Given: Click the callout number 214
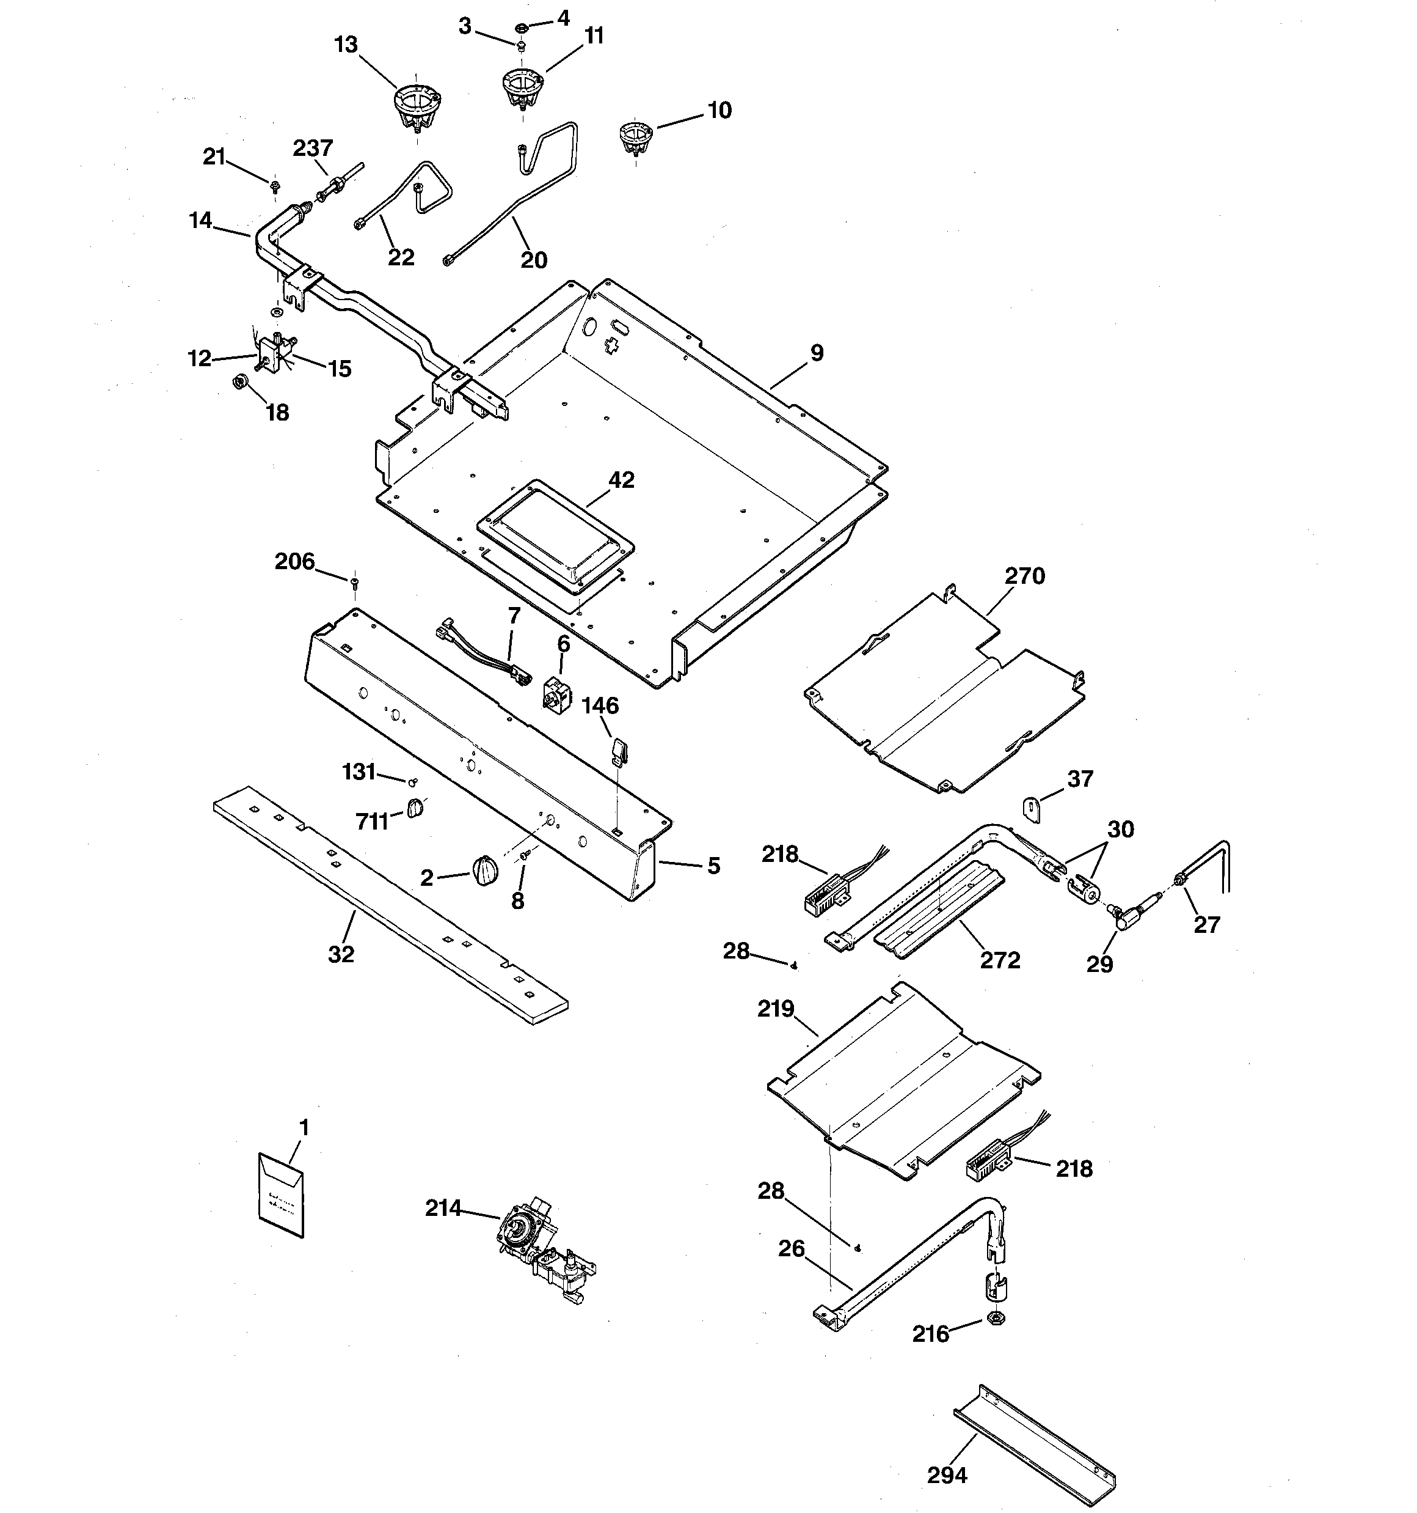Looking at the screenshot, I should pyautogui.click(x=443, y=1208).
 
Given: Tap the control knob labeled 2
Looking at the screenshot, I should pyautogui.click(x=484, y=870).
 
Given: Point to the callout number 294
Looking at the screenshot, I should pyautogui.click(x=947, y=1476).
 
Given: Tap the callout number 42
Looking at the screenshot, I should pyautogui.click(x=621, y=480).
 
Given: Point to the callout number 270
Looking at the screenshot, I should pyautogui.click(x=1024, y=576).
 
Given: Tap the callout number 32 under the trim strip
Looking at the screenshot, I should pyautogui.click(x=341, y=954).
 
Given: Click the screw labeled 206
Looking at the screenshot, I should pyautogui.click(x=354, y=584).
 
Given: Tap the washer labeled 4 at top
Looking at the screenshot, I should pyautogui.click(x=522, y=28).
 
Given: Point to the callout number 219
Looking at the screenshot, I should pyautogui.click(x=775, y=1009).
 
